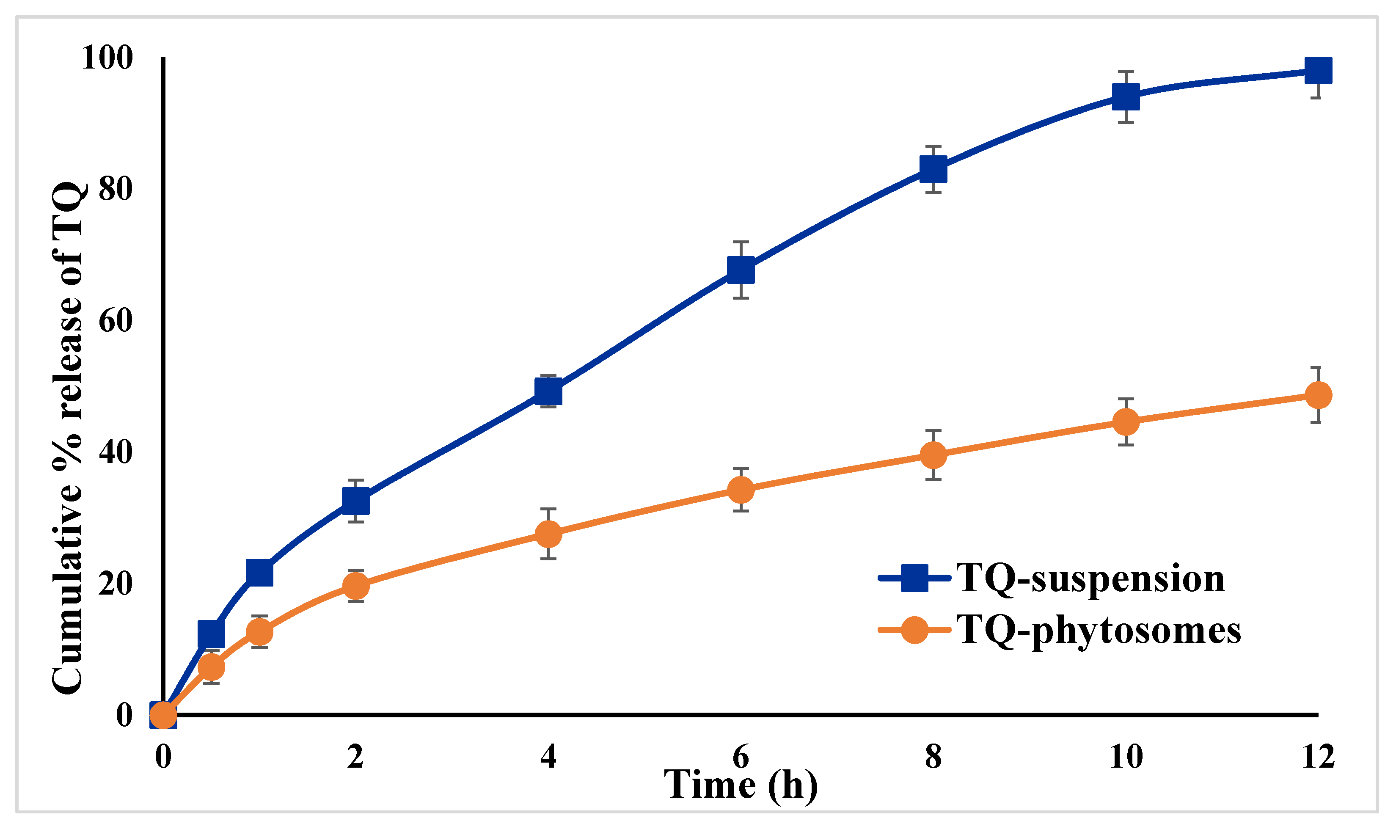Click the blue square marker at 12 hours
pos(1318,71)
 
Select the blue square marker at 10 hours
pos(1125,96)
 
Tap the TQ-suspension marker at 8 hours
pos(933,169)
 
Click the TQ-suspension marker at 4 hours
pos(548,391)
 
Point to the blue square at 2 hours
pos(355,501)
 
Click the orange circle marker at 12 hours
pos(1318,395)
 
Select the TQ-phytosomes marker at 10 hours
pos(1125,422)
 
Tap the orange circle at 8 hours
pos(933,455)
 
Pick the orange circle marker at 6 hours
pos(740,490)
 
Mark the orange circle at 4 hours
pos(548,534)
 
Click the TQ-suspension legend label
pos(1090,578)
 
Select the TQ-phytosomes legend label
pos(1099,630)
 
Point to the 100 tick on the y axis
pos(107,57)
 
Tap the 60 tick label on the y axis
pos(115,321)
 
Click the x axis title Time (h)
pos(740,785)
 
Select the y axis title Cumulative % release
pos(67,437)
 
